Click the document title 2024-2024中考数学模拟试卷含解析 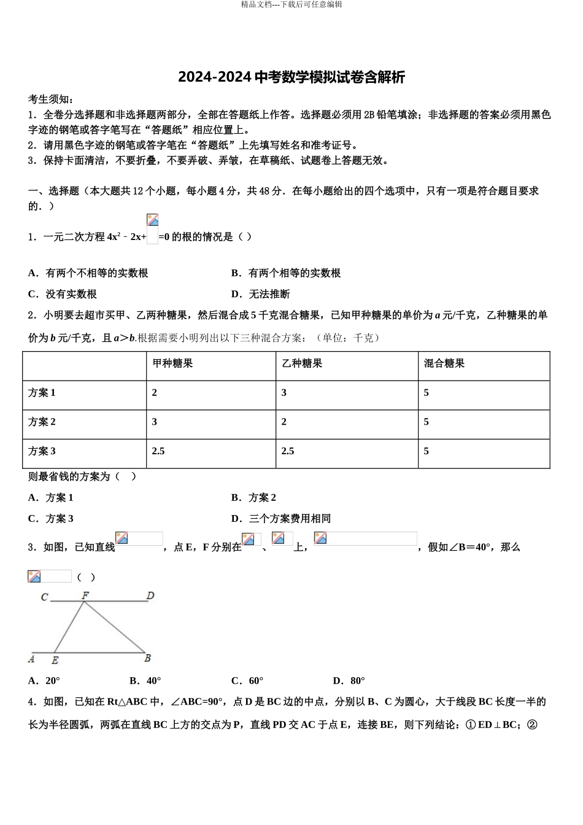[x=291, y=77]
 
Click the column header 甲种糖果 [x=172, y=363]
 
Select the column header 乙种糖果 [x=302, y=363]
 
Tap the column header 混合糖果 [x=444, y=363]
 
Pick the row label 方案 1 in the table [x=42, y=393]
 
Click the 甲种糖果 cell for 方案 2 [x=155, y=422]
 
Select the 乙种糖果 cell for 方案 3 [x=288, y=451]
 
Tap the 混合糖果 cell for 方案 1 [x=427, y=393]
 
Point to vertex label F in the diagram [x=85, y=595]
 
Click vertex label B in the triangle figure [x=147, y=658]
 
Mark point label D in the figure [x=150, y=595]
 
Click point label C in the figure [x=44, y=597]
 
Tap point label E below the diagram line [x=55, y=660]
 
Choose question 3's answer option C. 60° [x=247, y=680]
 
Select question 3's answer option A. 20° [x=44, y=680]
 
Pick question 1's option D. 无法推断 [x=261, y=294]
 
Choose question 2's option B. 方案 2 [x=254, y=497]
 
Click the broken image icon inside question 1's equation [x=153, y=220]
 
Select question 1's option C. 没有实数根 [x=63, y=294]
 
